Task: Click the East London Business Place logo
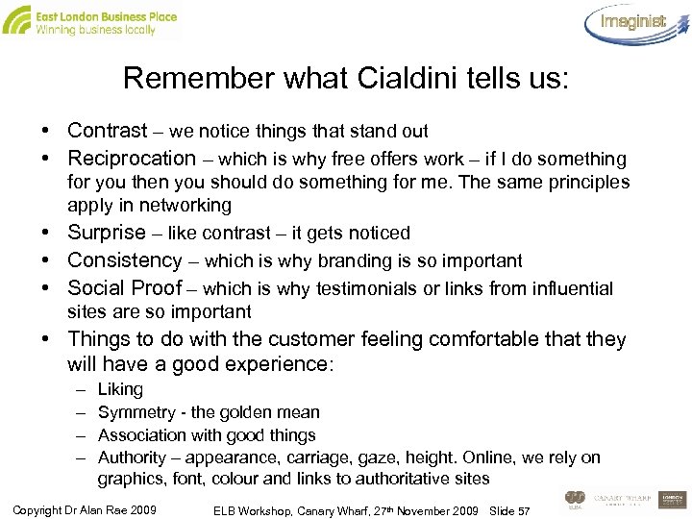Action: [91, 20]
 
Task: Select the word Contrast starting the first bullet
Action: [108, 131]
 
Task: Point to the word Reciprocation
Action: [132, 159]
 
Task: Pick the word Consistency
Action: [125, 260]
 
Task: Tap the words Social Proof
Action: [125, 288]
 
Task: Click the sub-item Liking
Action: [120, 389]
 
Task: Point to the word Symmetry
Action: [136, 412]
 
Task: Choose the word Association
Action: [140, 435]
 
